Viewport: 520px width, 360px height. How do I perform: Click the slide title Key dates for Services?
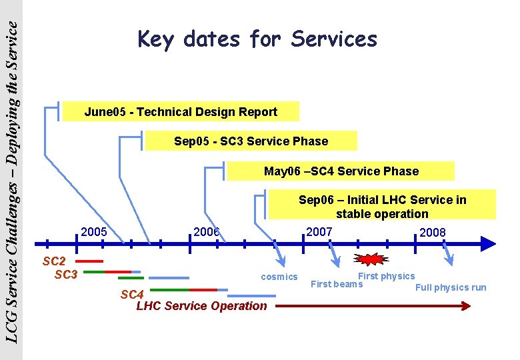pos(257,39)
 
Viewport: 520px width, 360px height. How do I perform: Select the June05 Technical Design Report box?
pos(181,112)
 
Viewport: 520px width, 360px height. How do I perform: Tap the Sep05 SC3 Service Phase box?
pos(251,141)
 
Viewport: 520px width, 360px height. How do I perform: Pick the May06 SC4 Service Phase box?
pos(341,171)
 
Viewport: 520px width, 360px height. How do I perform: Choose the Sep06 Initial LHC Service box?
pos(382,206)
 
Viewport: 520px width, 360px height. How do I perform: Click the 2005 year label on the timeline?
pos(94,232)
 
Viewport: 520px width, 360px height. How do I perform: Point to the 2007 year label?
pos(319,232)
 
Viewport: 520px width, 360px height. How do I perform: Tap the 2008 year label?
pos(433,233)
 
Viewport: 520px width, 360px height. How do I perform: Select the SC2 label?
pos(54,261)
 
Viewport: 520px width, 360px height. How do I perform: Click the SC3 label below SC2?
pos(66,274)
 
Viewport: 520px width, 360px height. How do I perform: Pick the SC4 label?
pos(132,294)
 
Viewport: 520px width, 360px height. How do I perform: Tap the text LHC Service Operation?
pos(201,306)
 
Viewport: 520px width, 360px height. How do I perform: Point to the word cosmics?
pos(279,277)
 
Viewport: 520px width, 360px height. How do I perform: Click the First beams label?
pos(337,284)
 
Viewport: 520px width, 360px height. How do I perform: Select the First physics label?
pos(386,276)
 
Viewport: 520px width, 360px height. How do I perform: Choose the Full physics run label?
pos(451,287)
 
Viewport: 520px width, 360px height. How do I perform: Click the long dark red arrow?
pos(373,306)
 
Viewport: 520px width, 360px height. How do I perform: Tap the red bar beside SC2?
pos(90,261)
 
